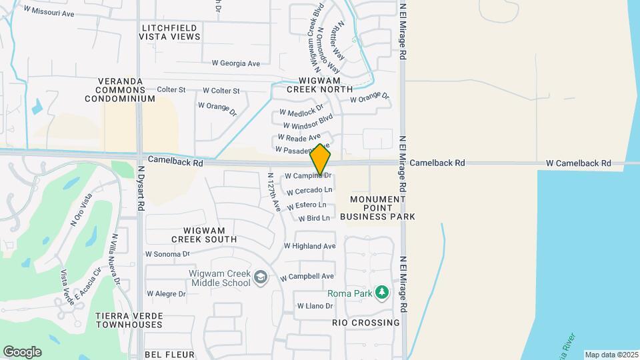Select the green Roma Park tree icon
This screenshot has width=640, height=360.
point(382,293)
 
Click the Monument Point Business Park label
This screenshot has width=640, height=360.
point(377,208)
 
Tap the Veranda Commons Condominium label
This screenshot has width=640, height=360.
point(120,90)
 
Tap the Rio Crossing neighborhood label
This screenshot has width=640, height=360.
point(366,323)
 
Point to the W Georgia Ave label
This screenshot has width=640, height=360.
point(235,63)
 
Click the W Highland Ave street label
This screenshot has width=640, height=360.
point(309,246)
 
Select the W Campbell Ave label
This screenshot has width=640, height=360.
point(307,277)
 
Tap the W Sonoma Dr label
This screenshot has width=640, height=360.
point(167,254)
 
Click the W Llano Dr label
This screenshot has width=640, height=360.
point(315,306)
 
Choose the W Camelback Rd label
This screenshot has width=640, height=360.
point(578,163)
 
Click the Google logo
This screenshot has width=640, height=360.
point(22,351)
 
